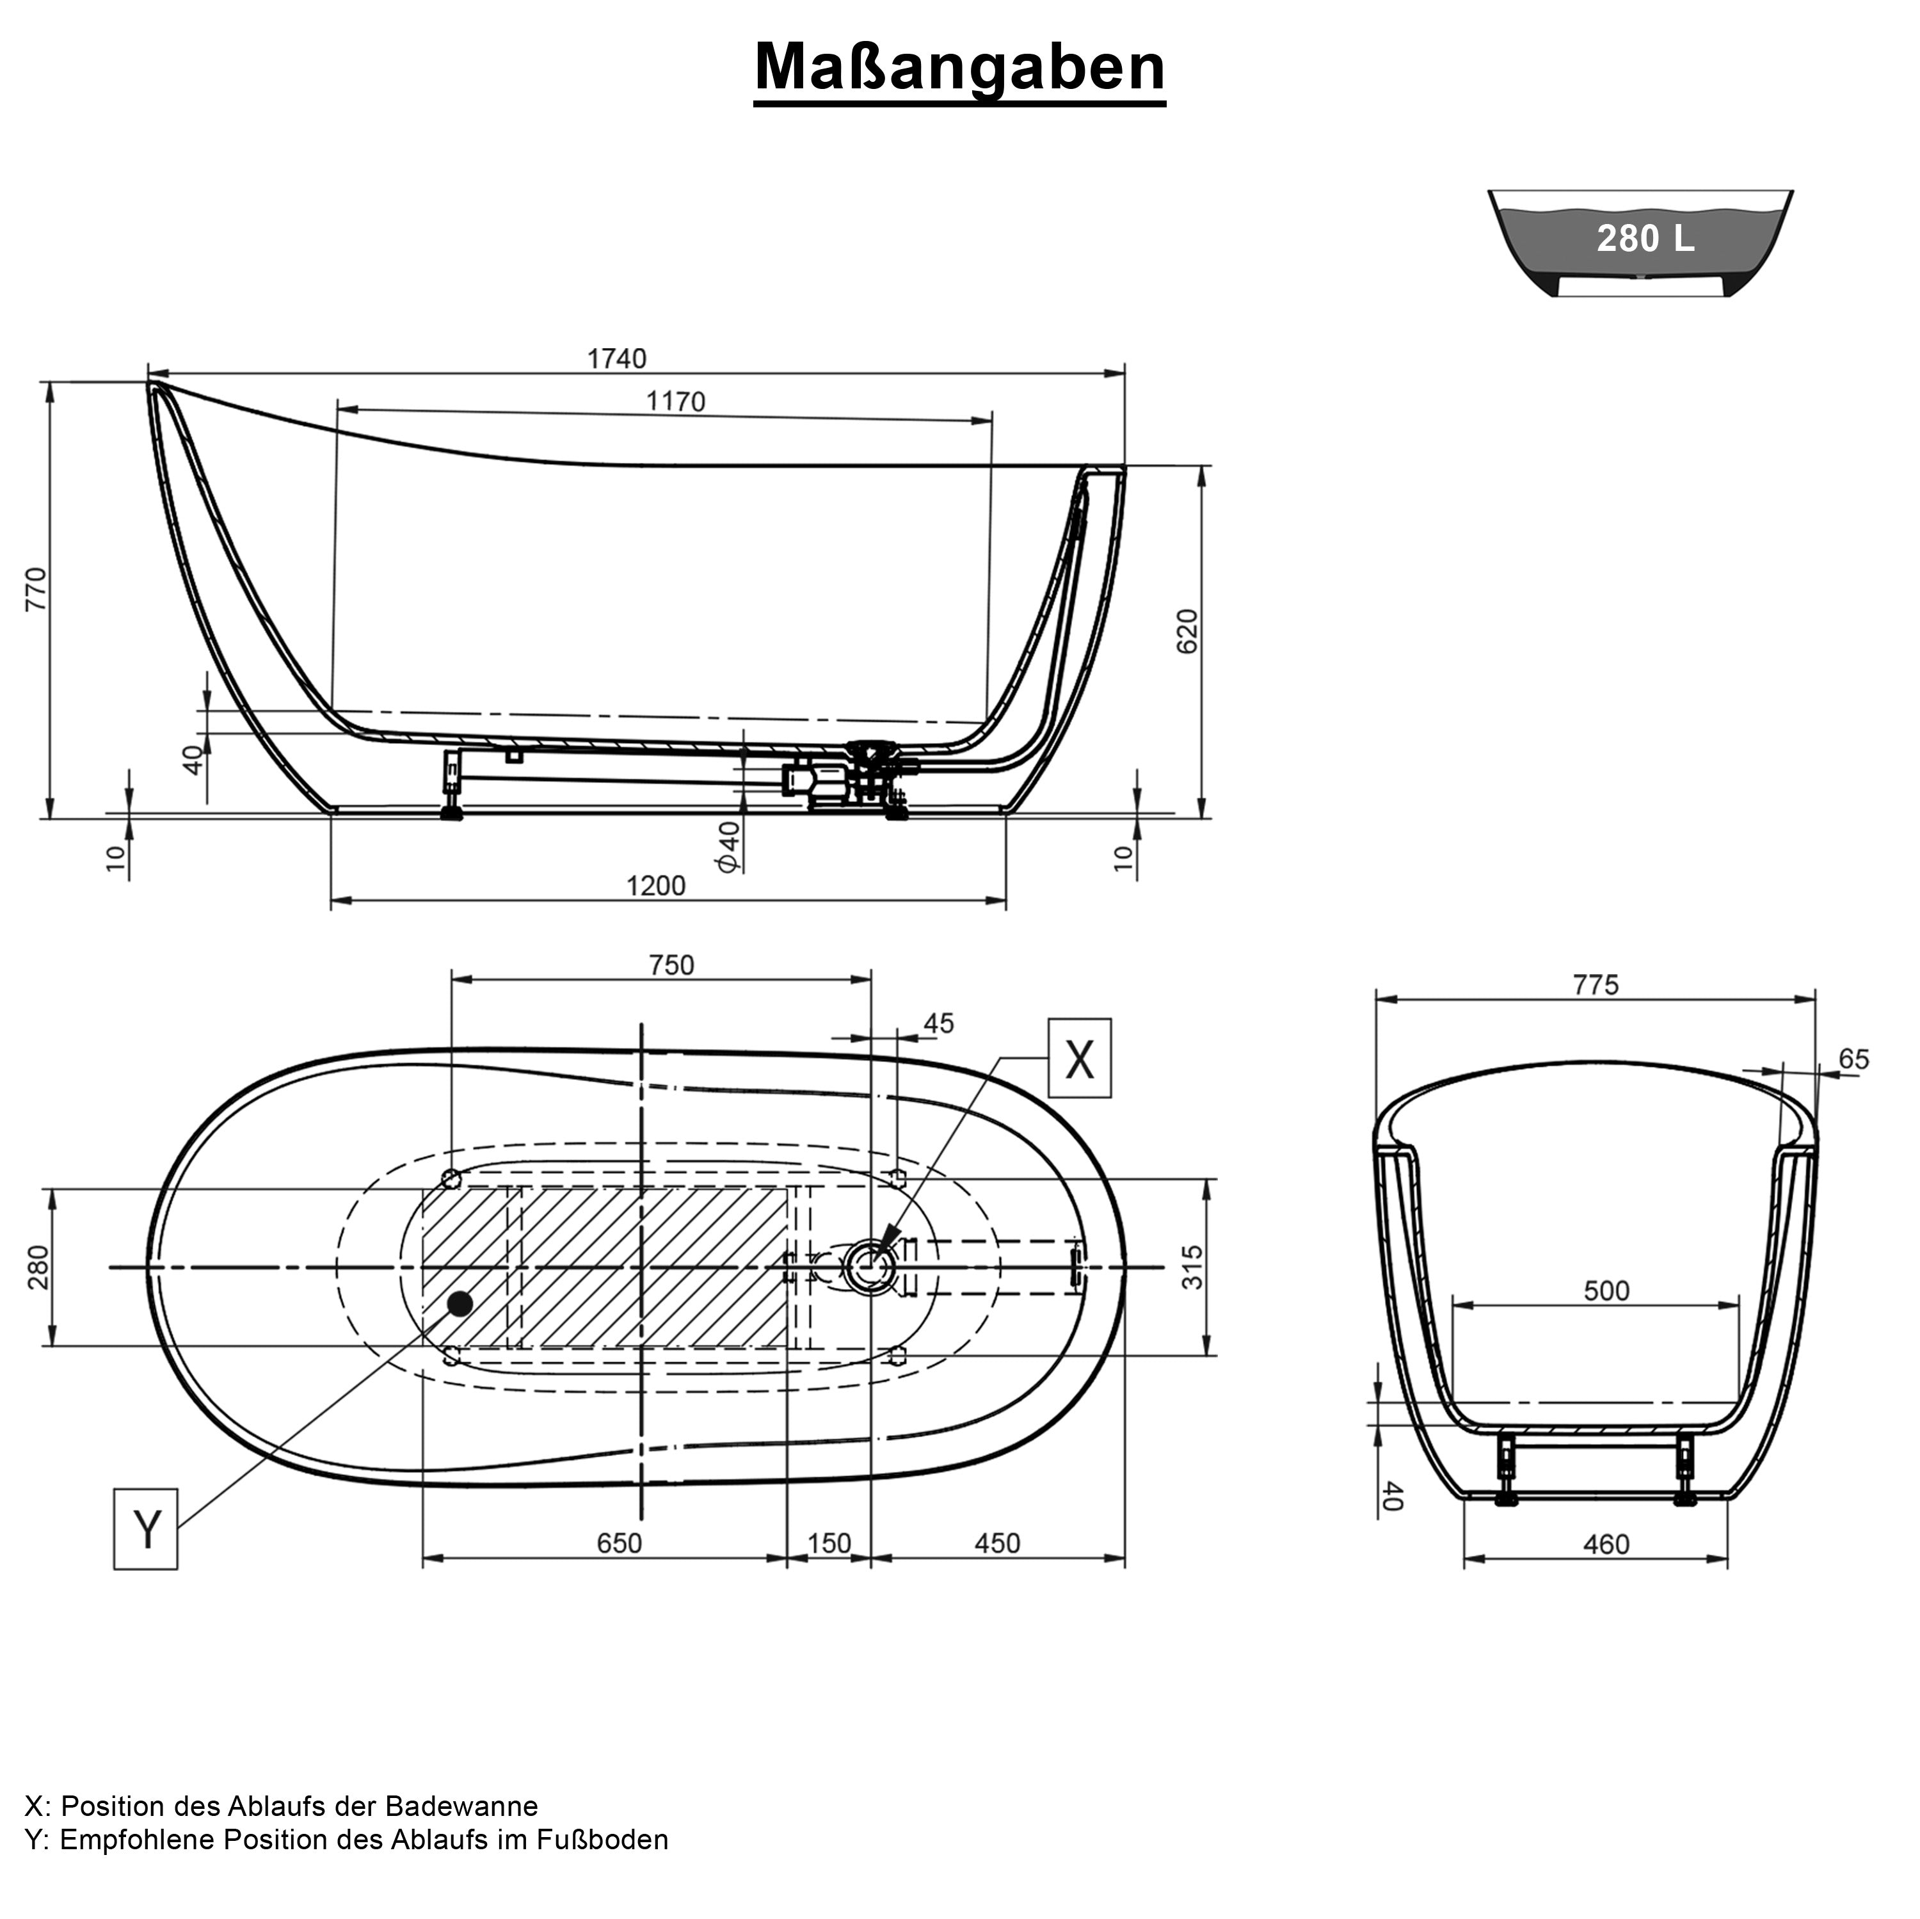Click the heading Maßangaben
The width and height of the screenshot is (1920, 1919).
[959, 68]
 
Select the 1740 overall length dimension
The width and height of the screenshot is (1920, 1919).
[616, 358]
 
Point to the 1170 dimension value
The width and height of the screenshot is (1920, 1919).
[676, 401]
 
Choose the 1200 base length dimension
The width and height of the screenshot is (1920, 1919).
[656, 885]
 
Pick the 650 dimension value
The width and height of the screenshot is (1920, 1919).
[619, 1543]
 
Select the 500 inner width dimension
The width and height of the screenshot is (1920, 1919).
[1606, 1291]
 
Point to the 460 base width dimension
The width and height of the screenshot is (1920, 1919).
[1606, 1545]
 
